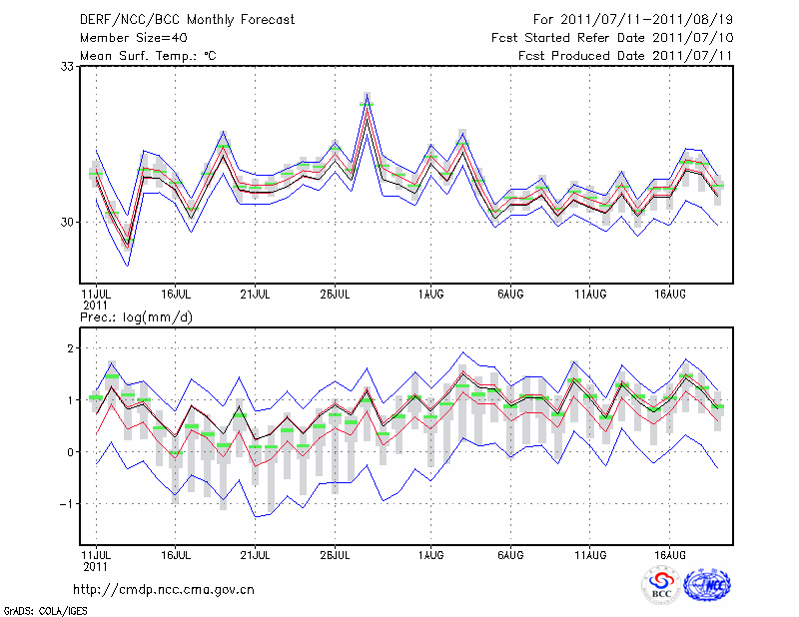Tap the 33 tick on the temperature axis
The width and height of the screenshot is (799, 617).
tap(69, 66)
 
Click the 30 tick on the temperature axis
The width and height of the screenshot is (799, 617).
tap(69, 222)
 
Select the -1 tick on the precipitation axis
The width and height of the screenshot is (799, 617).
tap(68, 504)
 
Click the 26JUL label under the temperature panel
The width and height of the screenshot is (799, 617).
tap(335, 295)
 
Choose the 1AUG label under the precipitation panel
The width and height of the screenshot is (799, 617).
tap(431, 553)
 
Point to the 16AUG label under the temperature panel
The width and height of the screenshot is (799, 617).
tap(670, 295)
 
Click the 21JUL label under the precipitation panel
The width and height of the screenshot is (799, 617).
tap(256, 553)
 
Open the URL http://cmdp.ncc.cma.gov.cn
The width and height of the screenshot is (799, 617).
tap(164, 589)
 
